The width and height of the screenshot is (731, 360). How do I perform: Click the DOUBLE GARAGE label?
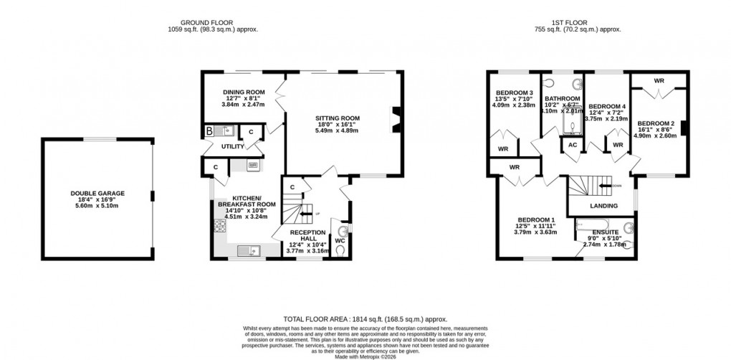click(97, 193)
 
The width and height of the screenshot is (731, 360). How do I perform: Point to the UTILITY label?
click(233, 146)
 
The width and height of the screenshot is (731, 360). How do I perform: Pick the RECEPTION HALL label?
click(308, 232)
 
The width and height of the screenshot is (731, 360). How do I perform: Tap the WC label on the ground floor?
click(340, 240)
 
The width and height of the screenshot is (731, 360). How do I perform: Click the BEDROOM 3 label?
click(514, 93)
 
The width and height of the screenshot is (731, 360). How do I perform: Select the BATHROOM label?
click(562, 98)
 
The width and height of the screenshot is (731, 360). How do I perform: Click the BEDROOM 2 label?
click(656, 123)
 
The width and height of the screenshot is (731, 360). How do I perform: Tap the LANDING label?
click(603, 206)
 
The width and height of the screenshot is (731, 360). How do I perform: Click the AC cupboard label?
click(572, 145)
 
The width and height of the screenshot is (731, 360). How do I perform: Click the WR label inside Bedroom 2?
click(658, 80)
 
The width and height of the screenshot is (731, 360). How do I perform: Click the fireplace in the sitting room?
click(394, 117)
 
